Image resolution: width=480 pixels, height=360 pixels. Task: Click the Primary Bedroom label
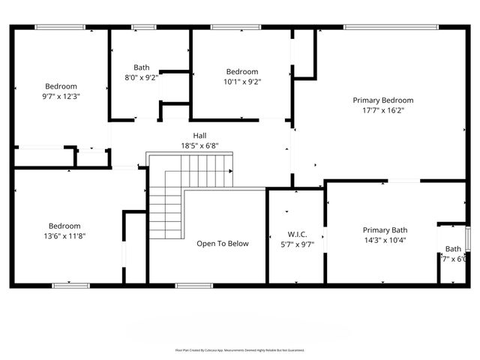[x=383, y=100]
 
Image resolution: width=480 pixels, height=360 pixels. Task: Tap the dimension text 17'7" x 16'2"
[x=383, y=110]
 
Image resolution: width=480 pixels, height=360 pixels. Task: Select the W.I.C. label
[x=298, y=234]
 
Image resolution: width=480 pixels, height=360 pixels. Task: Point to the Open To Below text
[x=223, y=244]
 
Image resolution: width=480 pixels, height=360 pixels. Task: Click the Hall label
[x=199, y=136]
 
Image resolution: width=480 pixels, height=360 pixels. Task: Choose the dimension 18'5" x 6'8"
[x=199, y=145]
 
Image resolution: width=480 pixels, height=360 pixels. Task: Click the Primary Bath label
[x=385, y=230]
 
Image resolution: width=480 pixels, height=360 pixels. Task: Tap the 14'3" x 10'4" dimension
[x=385, y=240]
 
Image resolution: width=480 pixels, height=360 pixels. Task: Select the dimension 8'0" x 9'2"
[x=142, y=77]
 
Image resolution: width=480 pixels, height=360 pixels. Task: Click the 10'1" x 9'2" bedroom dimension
[x=242, y=82]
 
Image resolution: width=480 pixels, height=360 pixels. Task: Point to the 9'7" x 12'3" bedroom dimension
[x=61, y=96]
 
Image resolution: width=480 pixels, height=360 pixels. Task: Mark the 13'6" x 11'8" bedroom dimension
[x=64, y=236]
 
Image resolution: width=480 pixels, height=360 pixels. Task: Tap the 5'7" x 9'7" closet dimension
[x=298, y=244]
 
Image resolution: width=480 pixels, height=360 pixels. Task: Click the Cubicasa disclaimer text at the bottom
[x=240, y=350]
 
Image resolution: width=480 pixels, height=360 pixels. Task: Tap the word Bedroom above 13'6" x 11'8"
[x=64, y=226]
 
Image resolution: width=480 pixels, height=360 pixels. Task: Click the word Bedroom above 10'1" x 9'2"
[x=242, y=72]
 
